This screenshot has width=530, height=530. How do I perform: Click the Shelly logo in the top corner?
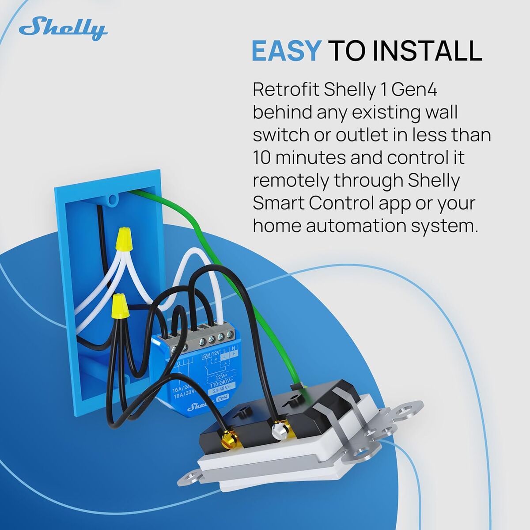pyautogui.click(x=63, y=29)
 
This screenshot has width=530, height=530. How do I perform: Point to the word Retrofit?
pyautogui.click(x=285, y=90)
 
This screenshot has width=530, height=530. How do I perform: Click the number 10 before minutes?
pyautogui.click(x=261, y=158)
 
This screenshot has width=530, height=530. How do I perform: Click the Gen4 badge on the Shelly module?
pyautogui.click(x=224, y=399)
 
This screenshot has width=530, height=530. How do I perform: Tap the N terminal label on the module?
pyautogui.click(x=233, y=349)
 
